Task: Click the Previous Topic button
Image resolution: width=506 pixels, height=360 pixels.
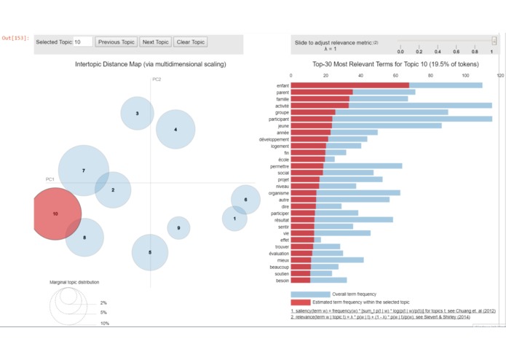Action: click(x=116, y=42)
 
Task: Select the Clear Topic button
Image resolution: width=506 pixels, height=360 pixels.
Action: click(x=191, y=42)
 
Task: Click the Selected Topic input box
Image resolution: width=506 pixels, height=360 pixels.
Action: click(x=82, y=42)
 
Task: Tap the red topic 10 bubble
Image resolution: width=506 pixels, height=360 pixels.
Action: click(x=56, y=214)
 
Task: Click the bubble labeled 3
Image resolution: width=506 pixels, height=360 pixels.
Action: click(x=138, y=114)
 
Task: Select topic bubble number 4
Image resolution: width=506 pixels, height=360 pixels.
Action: click(x=175, y=130)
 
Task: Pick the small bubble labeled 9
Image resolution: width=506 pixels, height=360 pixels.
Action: click(x=178, y=229)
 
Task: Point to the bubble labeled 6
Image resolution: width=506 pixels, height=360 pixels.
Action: click(x=245, y=200)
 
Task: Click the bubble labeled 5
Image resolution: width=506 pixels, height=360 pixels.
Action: click(x=150, y=252)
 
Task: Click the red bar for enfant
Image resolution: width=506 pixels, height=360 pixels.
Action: click(x=349, y=85)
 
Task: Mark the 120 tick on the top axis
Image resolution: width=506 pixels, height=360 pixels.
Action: click(x=500, y=75)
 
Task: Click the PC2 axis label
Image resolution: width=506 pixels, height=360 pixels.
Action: click(x=157, y=79)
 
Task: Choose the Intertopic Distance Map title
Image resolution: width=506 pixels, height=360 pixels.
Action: click(x=151, y=64)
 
